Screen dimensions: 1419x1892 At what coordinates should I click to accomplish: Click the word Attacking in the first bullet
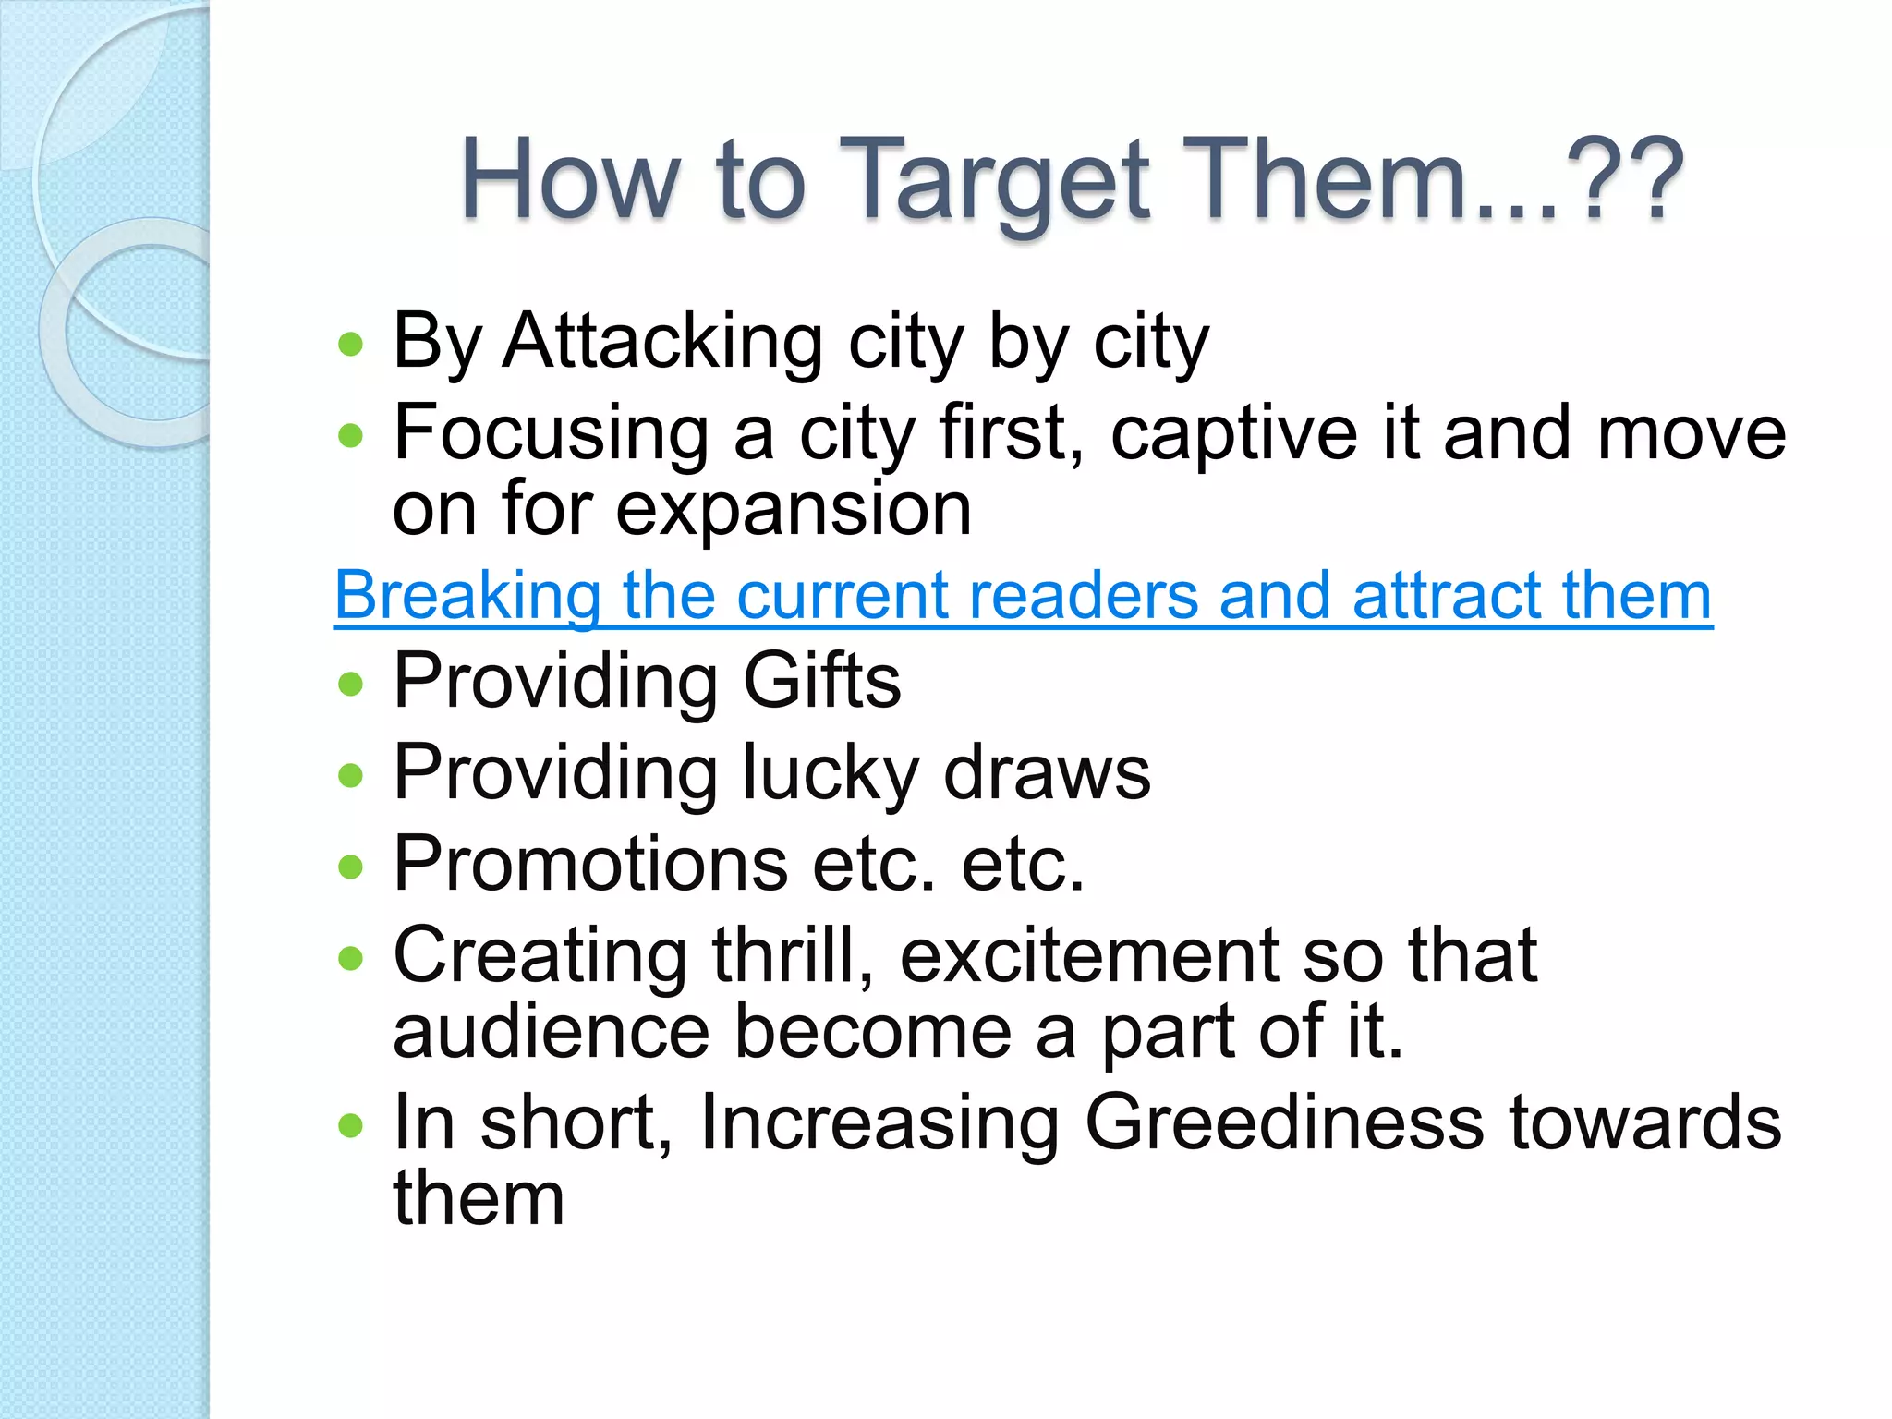(662, 342)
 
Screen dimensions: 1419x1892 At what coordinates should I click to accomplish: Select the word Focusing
(551, 434)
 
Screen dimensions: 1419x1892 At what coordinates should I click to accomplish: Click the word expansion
(793, 509)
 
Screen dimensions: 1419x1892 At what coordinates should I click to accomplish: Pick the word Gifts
(821, 681)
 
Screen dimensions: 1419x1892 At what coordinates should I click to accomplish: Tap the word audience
(552, 1032)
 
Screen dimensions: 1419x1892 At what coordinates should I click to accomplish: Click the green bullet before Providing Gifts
(351, 685)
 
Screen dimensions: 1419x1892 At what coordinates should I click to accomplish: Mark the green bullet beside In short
(351, 1125)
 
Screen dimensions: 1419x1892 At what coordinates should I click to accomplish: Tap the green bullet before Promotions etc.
(351, 867)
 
